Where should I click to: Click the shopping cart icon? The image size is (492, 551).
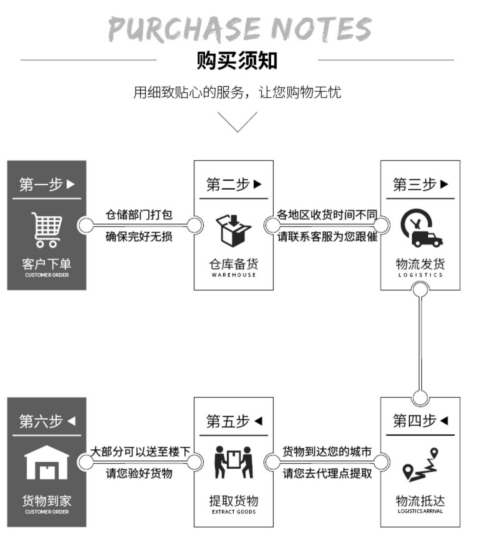click(47, 229)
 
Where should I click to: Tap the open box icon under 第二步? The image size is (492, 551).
click(233, 230)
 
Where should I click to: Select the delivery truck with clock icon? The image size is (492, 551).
click(421, 228)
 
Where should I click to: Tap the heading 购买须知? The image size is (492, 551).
click(237, 60)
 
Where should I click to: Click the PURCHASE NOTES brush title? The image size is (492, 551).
click(240, 29)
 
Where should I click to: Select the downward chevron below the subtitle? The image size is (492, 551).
click(237, 122)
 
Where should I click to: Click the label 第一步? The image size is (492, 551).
click(41, 184)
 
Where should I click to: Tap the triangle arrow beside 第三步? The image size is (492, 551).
click(444, 184)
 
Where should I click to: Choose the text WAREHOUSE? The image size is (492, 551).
click(234, 275)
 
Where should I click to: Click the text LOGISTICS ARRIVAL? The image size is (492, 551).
click(420, 511)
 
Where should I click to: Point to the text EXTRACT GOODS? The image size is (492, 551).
click(234, 512)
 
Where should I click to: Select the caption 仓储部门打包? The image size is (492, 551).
click(139, 215)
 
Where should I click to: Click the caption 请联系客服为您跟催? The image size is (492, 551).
click(327, 237)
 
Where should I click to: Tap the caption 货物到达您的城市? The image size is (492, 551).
click(327, 452)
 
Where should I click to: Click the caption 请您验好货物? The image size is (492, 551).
click(139, 473)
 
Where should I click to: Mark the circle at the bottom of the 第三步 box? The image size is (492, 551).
click(420, 290)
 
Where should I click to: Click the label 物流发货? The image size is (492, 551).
click(420, 264)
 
